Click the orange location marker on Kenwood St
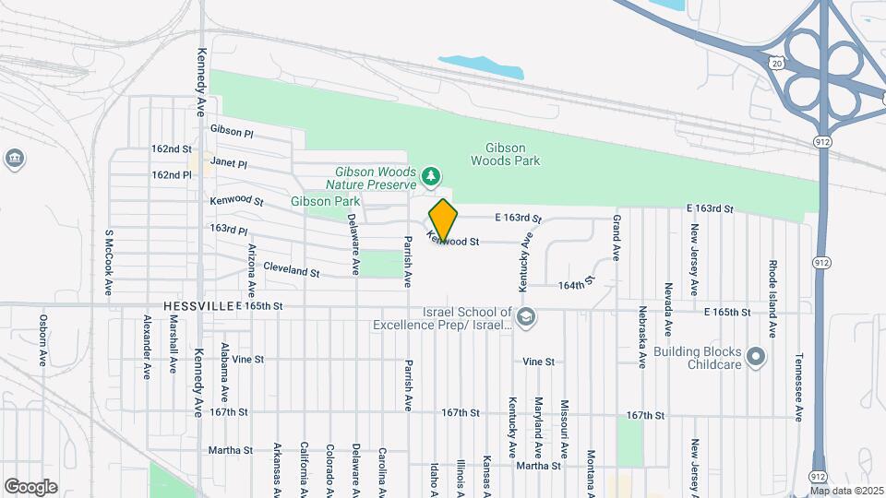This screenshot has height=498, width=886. (443, 220)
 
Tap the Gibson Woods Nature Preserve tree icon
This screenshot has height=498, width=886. (429, 175)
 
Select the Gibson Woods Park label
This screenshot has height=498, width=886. (505, 154)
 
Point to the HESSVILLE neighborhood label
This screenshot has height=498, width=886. (198, 304)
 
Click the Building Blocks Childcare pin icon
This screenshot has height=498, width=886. (757, 356)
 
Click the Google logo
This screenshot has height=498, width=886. (30, 486)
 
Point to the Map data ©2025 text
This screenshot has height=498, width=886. (846, 491)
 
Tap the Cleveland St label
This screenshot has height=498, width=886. (291, 273)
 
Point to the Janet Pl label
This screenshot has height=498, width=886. (229, 162)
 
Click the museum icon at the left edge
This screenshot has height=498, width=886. (14, 159)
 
